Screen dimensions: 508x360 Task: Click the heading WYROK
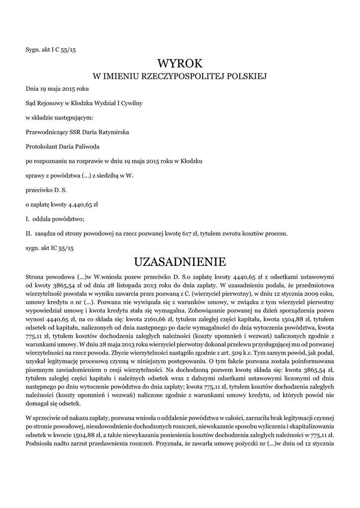click(x=180, y=63)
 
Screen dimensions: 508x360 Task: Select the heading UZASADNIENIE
click(x=180, y=261)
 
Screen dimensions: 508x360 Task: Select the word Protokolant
click(x=41, y=146)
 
